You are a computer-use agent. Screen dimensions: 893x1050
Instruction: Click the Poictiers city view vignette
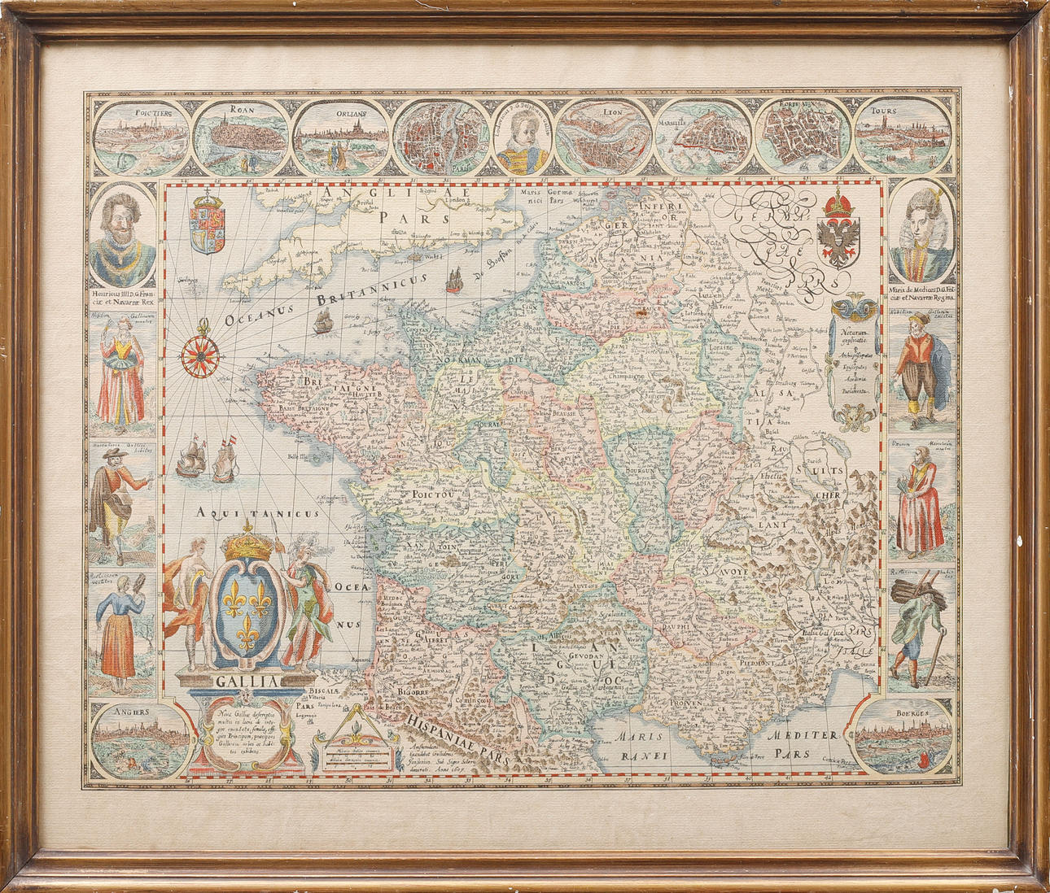139,134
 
